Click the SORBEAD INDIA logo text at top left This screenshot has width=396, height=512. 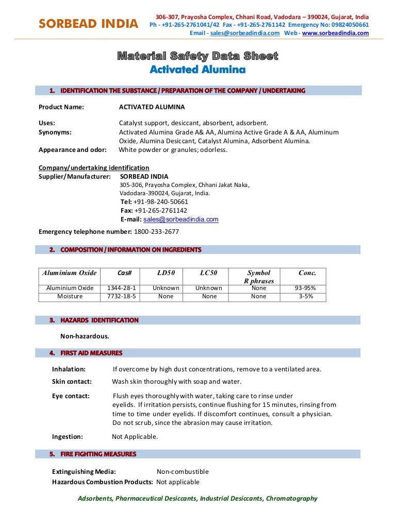click(88, 24)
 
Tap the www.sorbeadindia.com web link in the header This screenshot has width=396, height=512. click(335, 33)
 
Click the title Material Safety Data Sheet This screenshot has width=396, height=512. click(197, 56)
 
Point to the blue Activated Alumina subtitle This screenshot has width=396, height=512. click(197, 69)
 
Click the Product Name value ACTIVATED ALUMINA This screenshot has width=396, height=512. click(152, 107)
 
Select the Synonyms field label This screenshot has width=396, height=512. click(55, 132)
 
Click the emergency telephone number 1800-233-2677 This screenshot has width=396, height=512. click(156, 232)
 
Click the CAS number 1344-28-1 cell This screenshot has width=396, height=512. click(122, 288)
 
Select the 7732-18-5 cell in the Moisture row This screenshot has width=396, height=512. click(122, 296)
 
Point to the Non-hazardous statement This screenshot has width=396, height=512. click(85, 336)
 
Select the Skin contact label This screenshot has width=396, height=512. click(72, 382)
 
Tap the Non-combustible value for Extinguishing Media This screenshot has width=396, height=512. click(183, 471)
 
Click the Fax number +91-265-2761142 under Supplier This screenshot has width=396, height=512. click(160, 211)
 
